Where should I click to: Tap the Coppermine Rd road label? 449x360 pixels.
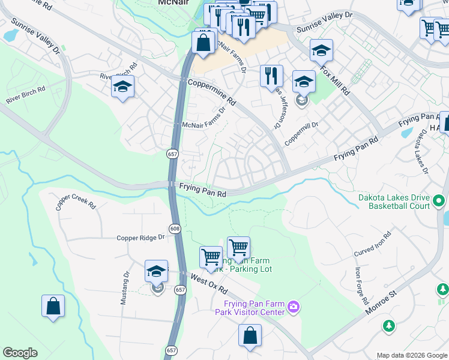pyautogui.click(x=212, y=93)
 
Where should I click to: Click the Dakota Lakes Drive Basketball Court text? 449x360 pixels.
pyautogui.click(x=394, y=202)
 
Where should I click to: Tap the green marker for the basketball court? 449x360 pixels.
pyautogui.click(x=439, y=201)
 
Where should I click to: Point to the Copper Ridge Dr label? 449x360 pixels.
pyautogui.click(x=140, y=238)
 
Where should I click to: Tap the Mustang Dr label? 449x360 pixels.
pyautogui.click(x=125, y=288)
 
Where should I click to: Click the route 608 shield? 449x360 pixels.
pyautogui.click(x=175, y=229)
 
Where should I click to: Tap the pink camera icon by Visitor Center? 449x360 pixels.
pyautogui.click(x=293, y=307)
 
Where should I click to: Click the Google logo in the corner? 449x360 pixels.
pyautogui.click(x=20, y=353)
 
